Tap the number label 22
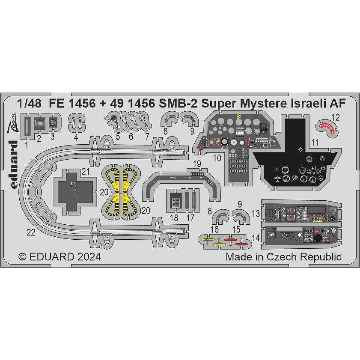(30, 232)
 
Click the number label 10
(217, 158)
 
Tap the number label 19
(196, 163)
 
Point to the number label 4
(76, 137)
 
